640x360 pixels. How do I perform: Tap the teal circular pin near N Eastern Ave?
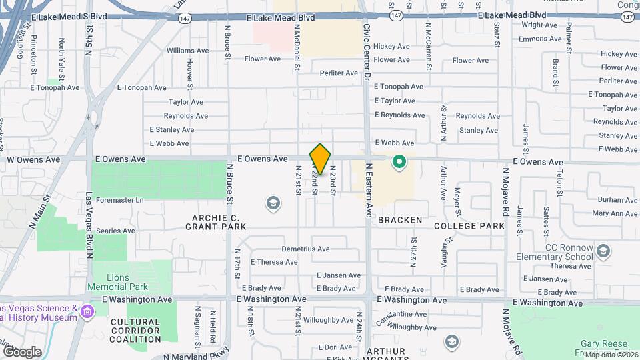click(399, 161)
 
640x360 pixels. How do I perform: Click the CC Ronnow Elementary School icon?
click(603, 251)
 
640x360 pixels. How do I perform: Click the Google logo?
click(22, 351)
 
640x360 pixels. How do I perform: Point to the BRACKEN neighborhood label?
click(400, 220)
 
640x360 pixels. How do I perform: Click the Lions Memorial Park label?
click(117, 281)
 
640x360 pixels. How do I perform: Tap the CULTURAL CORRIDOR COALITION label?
click(135, 330)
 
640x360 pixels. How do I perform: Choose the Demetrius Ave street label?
click(305, 249)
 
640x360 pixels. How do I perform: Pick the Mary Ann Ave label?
click(615, 213)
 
